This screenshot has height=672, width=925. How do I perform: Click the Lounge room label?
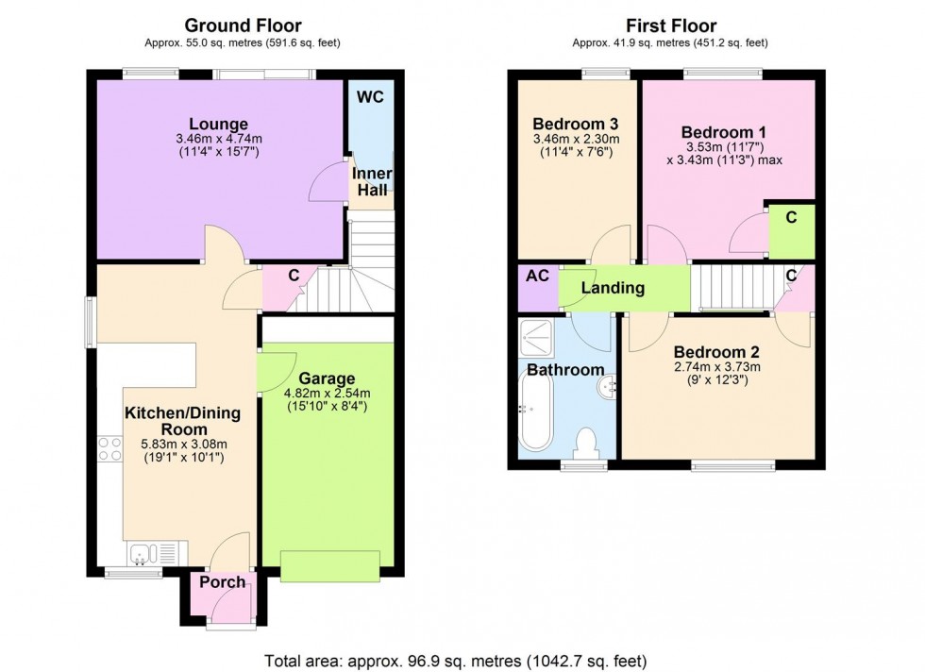pyautogui.click(x=218, y=124)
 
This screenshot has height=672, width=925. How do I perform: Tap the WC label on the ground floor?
pyautogui.click(x=371, y=97)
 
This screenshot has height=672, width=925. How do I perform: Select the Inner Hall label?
pyautogui.click(x=372, y=183)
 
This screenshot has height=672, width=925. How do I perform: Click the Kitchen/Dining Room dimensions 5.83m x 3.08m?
pyautogui.click(x=183, y=445)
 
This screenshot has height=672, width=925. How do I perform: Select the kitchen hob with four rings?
pyautogui.click(x=109, y=447)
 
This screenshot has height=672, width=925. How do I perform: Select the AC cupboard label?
pyautogui.click(x=536, y=277)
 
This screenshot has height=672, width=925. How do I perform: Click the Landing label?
pyautogui.click(x=613, y=288)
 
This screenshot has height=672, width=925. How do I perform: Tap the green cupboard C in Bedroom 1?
pyautogui.click(x=791, y=217)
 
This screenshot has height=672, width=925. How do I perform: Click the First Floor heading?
pyautogui.click(x=670, y=25)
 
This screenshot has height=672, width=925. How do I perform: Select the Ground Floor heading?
pyautogui.click(x=243, y=25)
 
